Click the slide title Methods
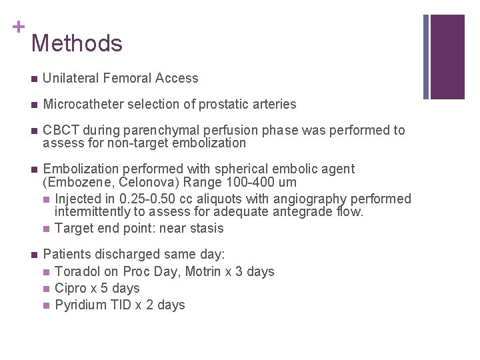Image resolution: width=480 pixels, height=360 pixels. [x=77, y=44]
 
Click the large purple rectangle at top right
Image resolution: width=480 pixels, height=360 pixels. [x=447, y=57]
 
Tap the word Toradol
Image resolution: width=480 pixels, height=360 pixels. [x=77, y=272]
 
